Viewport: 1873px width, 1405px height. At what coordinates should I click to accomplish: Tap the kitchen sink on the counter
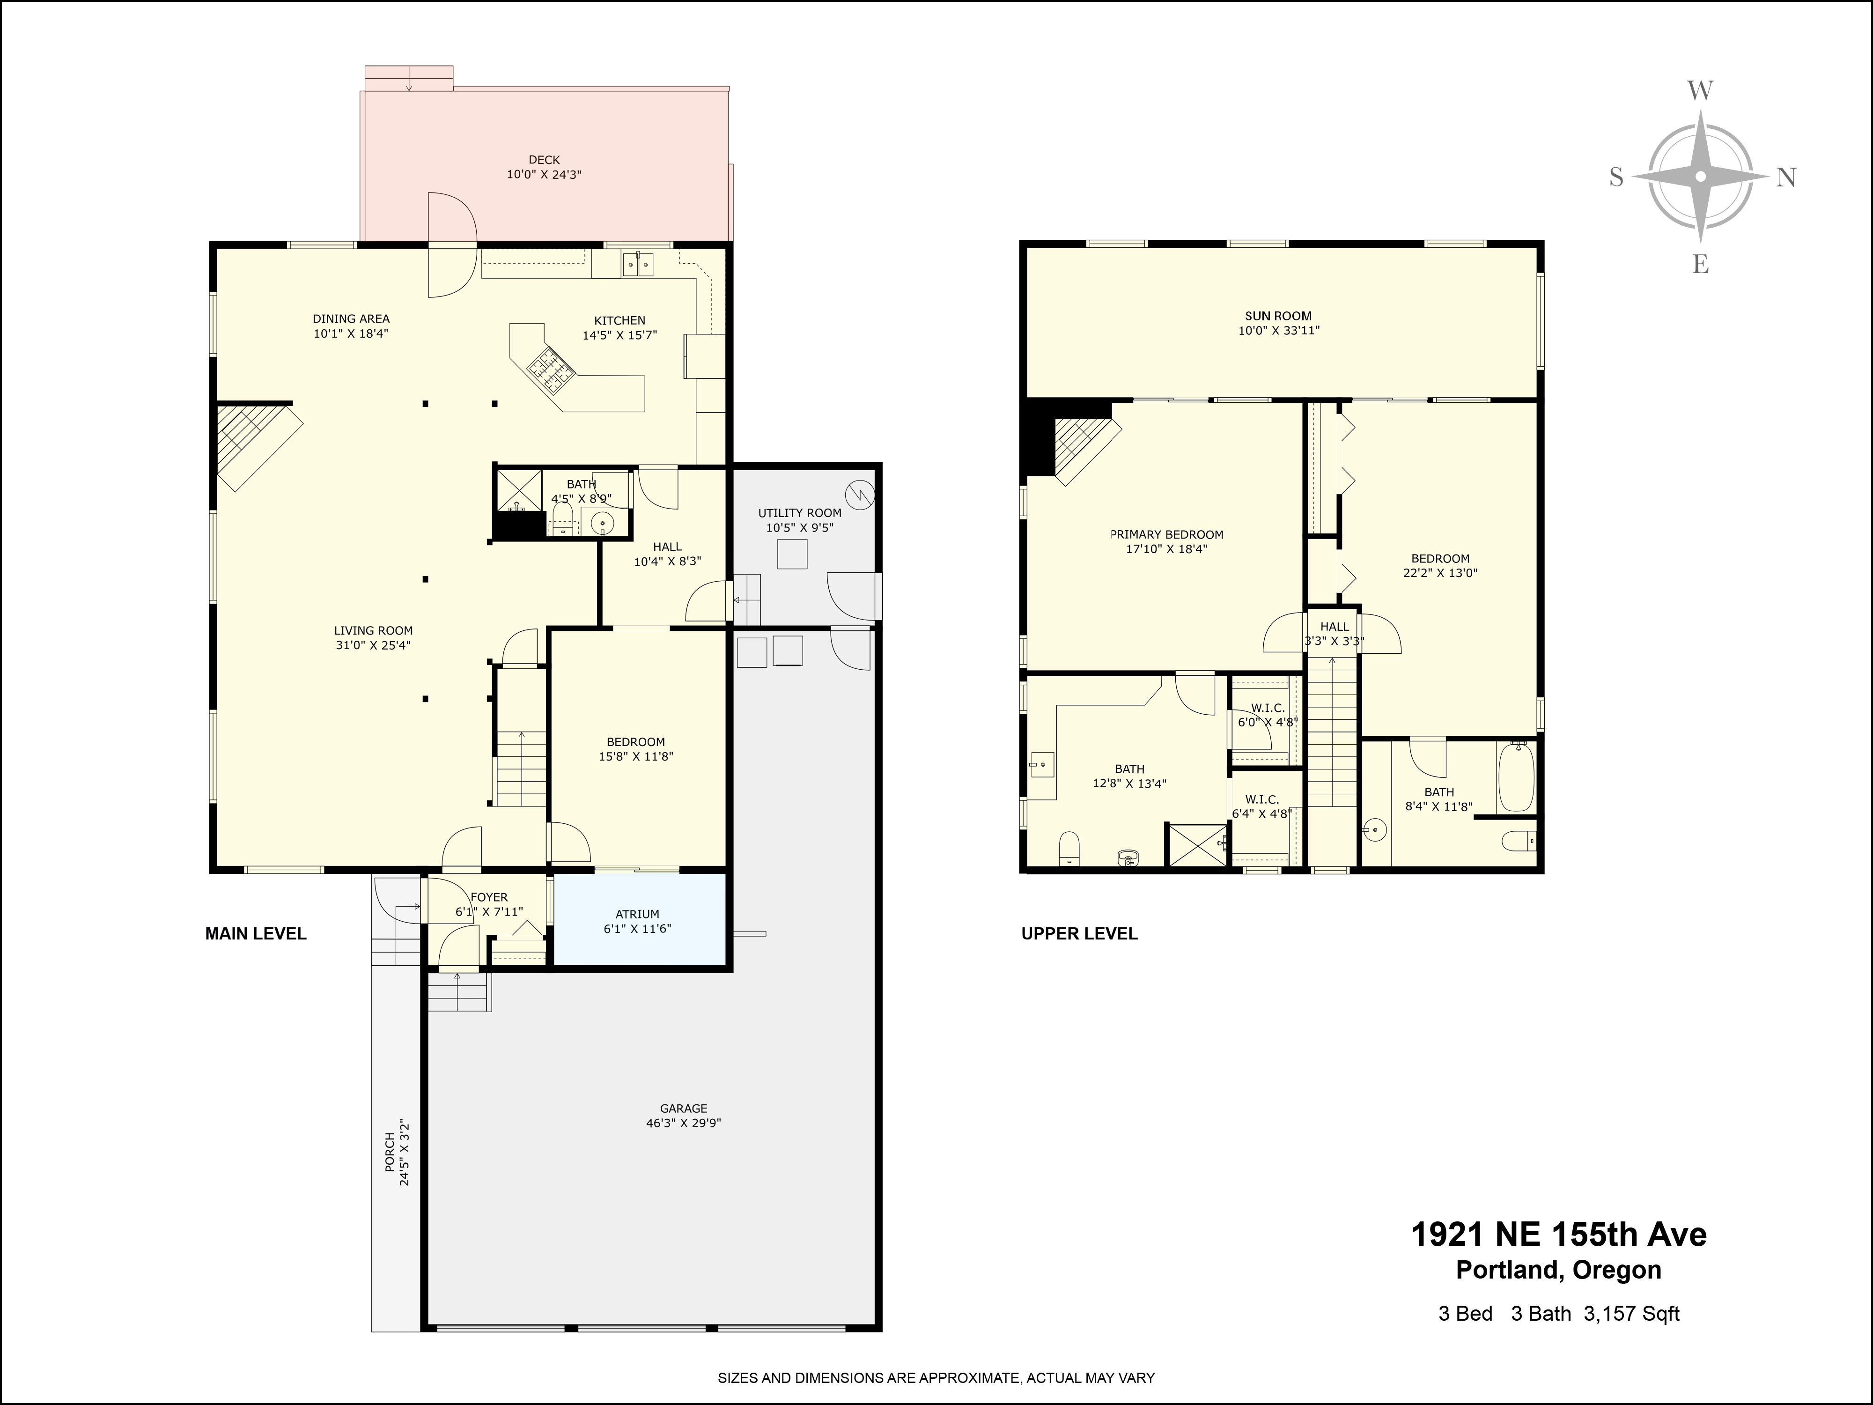click(639, 265)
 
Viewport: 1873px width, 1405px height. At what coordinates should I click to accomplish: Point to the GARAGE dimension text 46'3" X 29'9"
click(683, 1123)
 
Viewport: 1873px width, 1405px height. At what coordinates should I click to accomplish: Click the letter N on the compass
click(1785, 178)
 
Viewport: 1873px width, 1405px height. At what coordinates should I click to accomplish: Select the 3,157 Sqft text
click(1631, 1314)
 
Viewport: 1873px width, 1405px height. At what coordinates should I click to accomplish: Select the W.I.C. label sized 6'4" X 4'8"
click(1261, 799)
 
